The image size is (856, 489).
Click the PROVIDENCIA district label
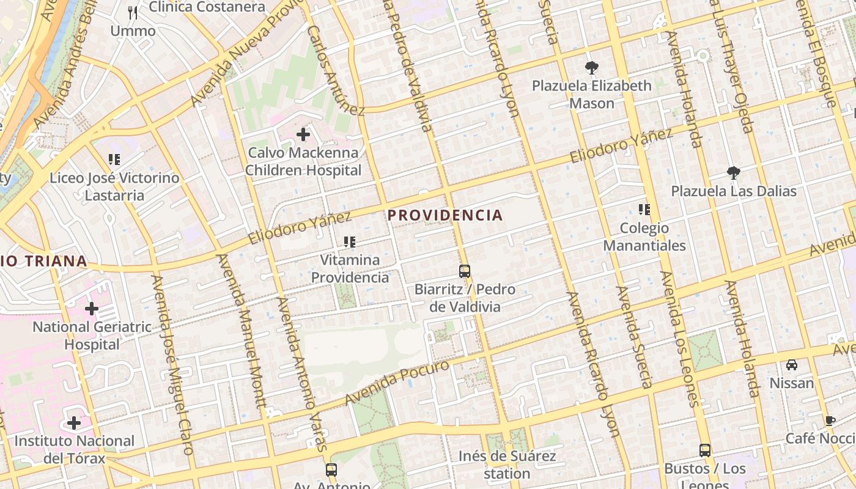[x=445, y=215]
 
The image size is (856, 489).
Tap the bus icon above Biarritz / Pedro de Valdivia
[x=465, y=271]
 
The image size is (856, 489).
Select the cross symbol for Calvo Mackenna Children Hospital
[x=303, y=134]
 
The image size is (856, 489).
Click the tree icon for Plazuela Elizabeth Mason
[x=591, y=68]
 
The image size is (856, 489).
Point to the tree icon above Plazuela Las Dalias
[x=733, y=173]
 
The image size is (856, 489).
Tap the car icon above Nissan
[x=792, y=365]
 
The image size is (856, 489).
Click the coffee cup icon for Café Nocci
[x=830, y=421]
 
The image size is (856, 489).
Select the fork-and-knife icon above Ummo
[x=133, y=12]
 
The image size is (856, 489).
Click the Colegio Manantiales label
[x=644, y=237]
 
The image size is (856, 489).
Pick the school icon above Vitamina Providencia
[x=350, y=242]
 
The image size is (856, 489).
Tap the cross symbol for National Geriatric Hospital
[x=92, y=309]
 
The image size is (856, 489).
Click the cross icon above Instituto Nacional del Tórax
[x=74, y=423]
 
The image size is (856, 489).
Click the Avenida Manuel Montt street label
[x=243, y=330]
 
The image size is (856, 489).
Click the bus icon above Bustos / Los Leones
[x=705, y=450]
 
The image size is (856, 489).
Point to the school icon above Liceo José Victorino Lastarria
[x=114, y=160]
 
